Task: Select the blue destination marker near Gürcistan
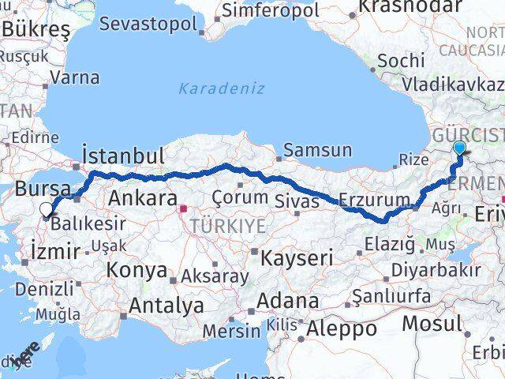coord(460,148)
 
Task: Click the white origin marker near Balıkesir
coord(47,210)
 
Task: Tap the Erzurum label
coord(374,198)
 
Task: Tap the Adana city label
coord(292,301)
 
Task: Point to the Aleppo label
coord(343,328)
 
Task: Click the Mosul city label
coord(432,323)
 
